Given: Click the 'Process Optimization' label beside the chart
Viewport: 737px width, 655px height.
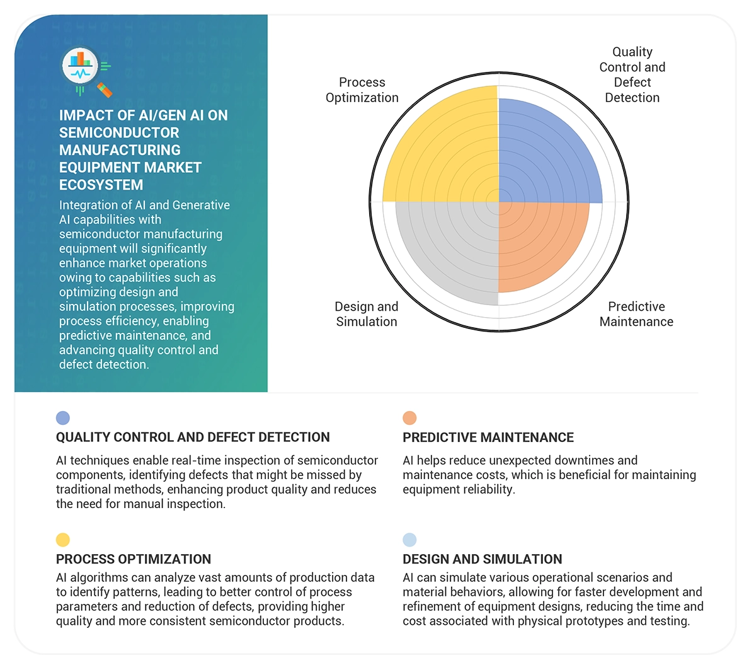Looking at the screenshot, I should pyautogui.click(x=362, y=90).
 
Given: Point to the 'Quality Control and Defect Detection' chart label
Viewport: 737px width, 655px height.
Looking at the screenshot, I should pyautogui.click(x=632, y=74).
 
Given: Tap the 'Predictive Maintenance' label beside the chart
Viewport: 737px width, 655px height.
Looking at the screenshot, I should pyautogui.click(x=636, y=314).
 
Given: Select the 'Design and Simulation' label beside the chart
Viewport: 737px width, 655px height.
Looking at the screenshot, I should pyautogui.click(x=366, y=314).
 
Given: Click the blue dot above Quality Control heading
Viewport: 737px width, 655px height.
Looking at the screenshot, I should pyautogui.click(x=63, y=417).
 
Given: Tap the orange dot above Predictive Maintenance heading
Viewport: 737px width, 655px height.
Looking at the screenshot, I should pyautogui.click(x=409, y=417).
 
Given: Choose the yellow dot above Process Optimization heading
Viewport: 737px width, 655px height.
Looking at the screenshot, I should pyautogui.click(x=63, y=540).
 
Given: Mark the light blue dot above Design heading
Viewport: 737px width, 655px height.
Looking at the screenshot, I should pyautogui.click(x=409, y=540).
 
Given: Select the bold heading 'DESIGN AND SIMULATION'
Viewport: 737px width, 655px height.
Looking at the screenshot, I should pyautogui.click(x=483, y=559).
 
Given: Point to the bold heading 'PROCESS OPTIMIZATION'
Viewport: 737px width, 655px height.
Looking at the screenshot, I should pyautogui.click(x=134, y=559).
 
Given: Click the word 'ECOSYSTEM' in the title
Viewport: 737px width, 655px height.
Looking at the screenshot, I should pyautogui.click(x=101, y=185).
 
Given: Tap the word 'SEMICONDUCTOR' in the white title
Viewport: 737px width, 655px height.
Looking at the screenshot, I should pyautogui.click(x=119, y=133).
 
